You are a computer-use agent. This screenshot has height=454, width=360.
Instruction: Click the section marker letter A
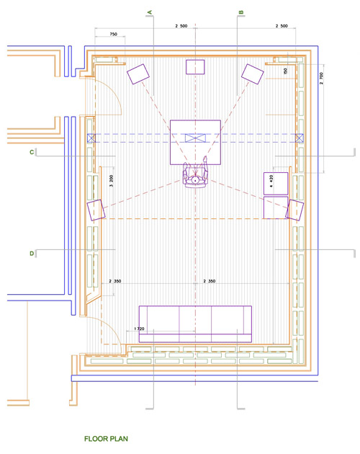pos(149,12)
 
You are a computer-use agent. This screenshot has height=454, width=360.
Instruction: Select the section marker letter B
pos(240,12)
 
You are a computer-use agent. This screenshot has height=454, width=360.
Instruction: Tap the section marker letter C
pos(32,152)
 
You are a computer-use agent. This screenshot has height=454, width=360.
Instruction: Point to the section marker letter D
pos(32,253)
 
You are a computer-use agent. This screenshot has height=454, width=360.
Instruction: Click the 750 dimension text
pos(113,35)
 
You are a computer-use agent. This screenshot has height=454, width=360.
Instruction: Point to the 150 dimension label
pos(285,71)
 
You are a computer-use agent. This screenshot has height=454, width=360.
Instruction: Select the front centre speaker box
pos(196,67)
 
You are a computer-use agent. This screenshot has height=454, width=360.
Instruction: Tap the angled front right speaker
pos(253,74)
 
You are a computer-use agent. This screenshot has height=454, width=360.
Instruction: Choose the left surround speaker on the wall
pos(96,210)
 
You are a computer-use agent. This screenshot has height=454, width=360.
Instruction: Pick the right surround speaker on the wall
pos(294,210)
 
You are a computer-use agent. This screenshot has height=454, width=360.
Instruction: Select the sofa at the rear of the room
pos(195,324)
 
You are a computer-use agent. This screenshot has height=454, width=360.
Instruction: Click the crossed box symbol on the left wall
pos(90,138)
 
